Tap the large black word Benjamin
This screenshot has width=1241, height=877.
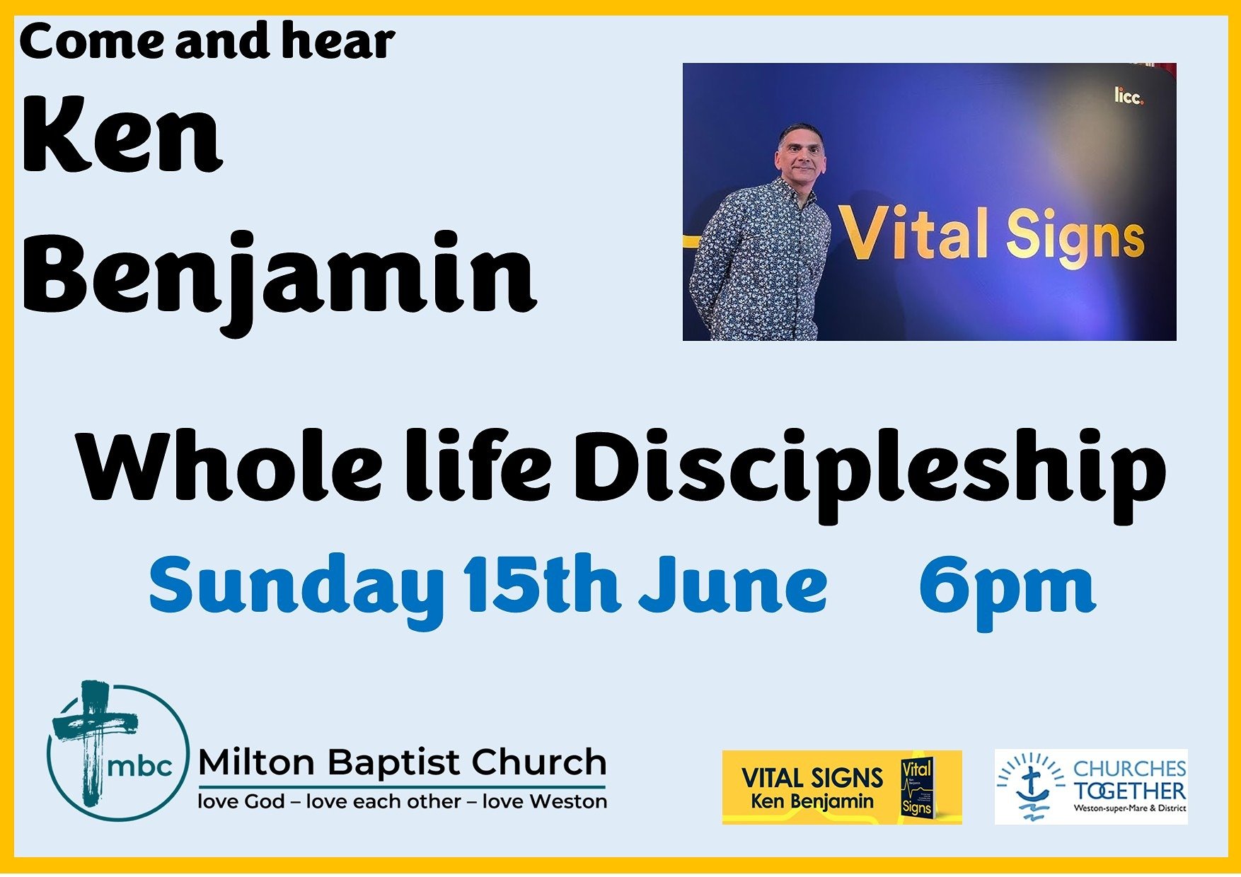pos(279,279)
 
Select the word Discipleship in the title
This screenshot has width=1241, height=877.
pos(869,475)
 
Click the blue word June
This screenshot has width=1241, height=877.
pos(733,584)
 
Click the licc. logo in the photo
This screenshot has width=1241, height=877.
pos(1129,96)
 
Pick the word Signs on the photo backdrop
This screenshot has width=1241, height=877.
pos(1075,236)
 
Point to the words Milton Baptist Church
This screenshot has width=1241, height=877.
pos(402,763)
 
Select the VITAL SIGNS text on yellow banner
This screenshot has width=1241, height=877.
pos(812,779)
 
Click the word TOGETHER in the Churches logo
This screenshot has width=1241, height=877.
pos(1130,791)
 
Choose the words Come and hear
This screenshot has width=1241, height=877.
pos(207,41)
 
